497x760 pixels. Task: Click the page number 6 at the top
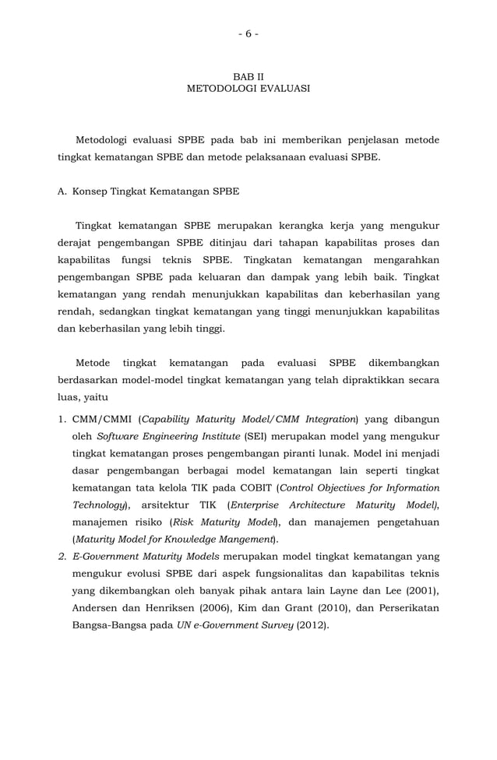tap(248, 33)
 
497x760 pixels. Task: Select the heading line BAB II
tap(248, 77)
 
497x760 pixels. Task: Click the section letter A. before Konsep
tap(64, 191)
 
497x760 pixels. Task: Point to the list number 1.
tap(62, 419)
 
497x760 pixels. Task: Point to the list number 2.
tap(62, 556)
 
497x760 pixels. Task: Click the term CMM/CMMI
tap(103, 419)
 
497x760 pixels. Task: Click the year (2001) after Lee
tap(421, 590)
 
